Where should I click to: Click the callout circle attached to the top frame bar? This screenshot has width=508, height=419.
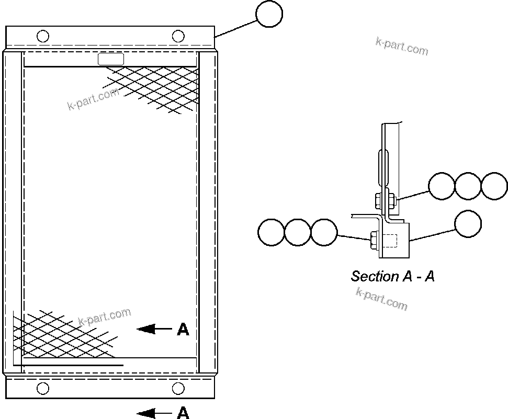pyautogui.click(x=269, y=14)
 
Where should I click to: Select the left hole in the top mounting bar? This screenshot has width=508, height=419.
pyautogui.click(x=43, y=36)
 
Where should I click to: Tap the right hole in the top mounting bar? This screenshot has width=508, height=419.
pyautogui.click(x=178, y=36)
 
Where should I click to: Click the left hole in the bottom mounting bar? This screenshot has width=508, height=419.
pyautogui.click(x=43, y=388)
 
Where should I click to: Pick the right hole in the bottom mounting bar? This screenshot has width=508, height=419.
pyautogui.click(x=178, y=388)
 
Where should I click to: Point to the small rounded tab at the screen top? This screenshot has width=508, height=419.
pyautogui.click(x=111, y=59)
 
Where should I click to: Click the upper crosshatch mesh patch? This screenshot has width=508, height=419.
pyautogui.click(x=157, y=88)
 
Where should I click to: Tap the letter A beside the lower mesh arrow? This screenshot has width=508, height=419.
pyautogui.click(x=183, y=329)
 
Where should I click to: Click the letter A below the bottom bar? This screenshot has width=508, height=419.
pyautogui.click(x=183, y=413)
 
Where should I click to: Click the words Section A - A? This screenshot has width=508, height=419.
pyautogui.click(x=392, y=276)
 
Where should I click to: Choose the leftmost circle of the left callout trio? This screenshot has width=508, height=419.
pyautogui.click(x=272, y=232)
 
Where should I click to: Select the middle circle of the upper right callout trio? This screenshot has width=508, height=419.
pyautogui.click(x=468, y=186)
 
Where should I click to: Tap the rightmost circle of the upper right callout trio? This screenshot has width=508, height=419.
pyautogui.click(x=494, y=186)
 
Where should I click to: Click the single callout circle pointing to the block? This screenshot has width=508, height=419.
pyautogui.click(x=468, y=224)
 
